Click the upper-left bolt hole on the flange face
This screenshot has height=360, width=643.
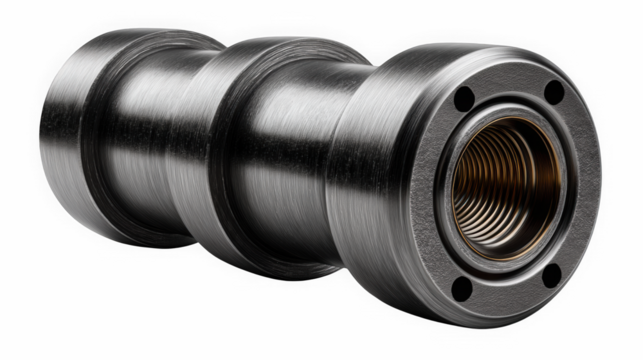point(463,100)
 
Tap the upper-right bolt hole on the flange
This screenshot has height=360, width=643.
point(552,92)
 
